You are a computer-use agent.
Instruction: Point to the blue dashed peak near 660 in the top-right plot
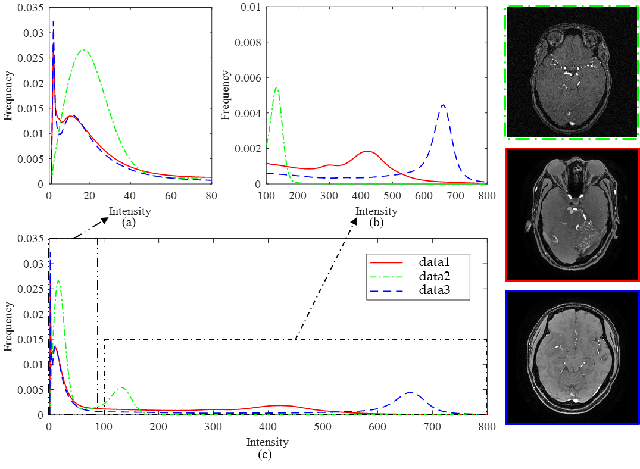point(443,105)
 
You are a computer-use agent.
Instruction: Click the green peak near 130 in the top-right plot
point(276,87)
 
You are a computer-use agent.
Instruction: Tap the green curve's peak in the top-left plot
point(84,50)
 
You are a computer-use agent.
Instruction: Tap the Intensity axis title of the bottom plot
point(268,442)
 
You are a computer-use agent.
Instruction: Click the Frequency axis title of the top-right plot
point(226,95)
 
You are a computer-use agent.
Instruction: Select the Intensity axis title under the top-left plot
point(130,211)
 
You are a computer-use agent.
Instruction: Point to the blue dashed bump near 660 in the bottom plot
point(410,393)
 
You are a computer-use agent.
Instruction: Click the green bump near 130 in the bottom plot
point(121,388)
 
